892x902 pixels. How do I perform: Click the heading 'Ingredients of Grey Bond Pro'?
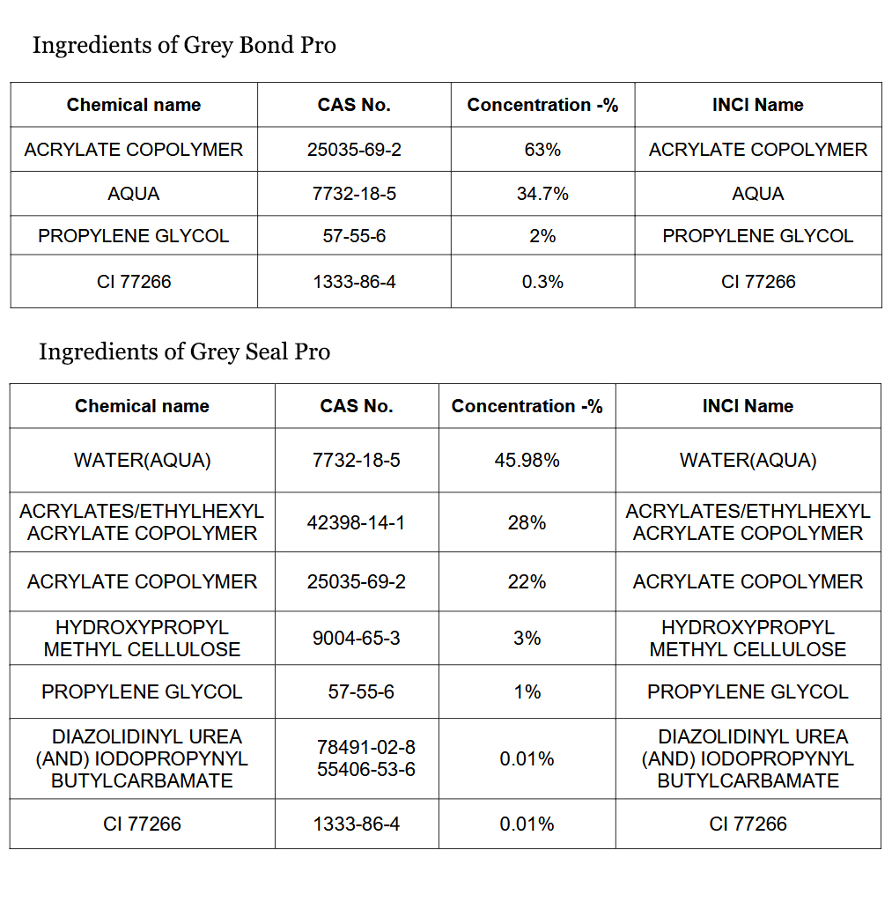click(184, 46)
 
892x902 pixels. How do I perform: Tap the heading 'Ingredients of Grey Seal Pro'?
click(185, 352)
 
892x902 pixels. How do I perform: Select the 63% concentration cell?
click(542, 150)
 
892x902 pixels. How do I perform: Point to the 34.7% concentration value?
click(542, 194)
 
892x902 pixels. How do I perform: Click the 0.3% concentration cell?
click(542, 282)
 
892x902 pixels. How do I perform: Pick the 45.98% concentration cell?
click(527, 460)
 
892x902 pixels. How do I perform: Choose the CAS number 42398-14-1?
click(356, 522)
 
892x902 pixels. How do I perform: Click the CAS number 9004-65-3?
click(356, 638)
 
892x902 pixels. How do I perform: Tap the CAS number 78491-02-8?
click(366, 747)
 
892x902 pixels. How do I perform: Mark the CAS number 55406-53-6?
click(366, 769)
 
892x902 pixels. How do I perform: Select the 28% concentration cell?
click(527, 522)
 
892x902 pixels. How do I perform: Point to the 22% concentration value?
click(527, 581)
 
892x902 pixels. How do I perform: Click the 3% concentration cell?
click(527, 638)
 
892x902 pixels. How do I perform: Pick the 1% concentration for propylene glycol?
click(527, 691)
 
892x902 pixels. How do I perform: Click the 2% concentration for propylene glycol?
click(542, 236)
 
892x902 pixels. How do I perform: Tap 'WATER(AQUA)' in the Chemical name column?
click(142, 460)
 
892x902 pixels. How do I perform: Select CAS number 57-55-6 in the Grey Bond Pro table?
click(354, 236)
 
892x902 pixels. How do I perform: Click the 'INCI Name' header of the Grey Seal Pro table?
click(748, 406)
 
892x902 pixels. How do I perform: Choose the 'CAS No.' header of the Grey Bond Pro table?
click(354, 105)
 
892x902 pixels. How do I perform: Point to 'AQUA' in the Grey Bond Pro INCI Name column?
click(758, 194)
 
